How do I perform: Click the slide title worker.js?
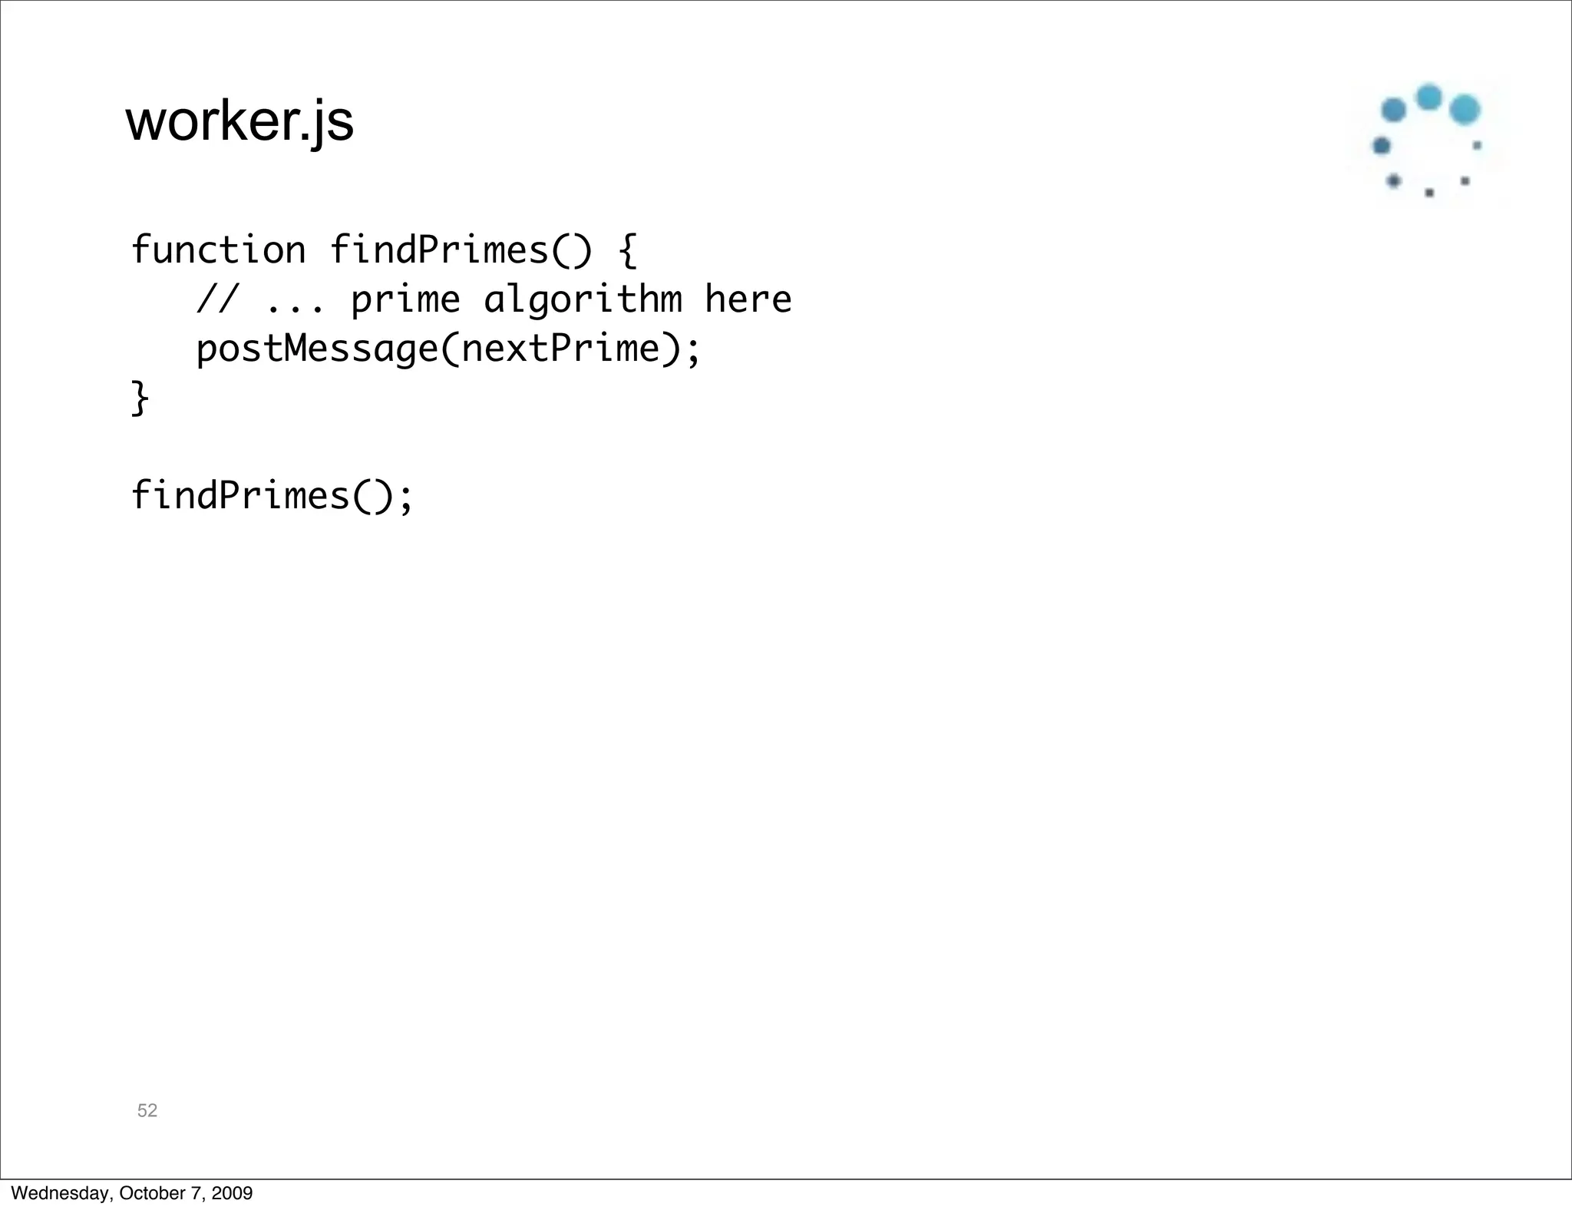[x=239, y=121]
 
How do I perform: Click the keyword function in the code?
[x=218, y=250]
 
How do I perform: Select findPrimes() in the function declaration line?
[x=461, y=250]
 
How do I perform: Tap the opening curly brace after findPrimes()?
[x=627, y=250]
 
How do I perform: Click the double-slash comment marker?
[x=217, y=299]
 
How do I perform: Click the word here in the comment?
[x=748, y=299]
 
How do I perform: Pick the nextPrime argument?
[x=560, y=349]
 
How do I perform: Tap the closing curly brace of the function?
[x=140, y=398]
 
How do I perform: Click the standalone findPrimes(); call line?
[x=272, y=496]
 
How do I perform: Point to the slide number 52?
[x=147, y=1110]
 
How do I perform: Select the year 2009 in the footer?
[x=232, y=1193]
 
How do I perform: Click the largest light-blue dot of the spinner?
[x=1465, y=110]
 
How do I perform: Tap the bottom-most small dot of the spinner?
[x=1429, y=193]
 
